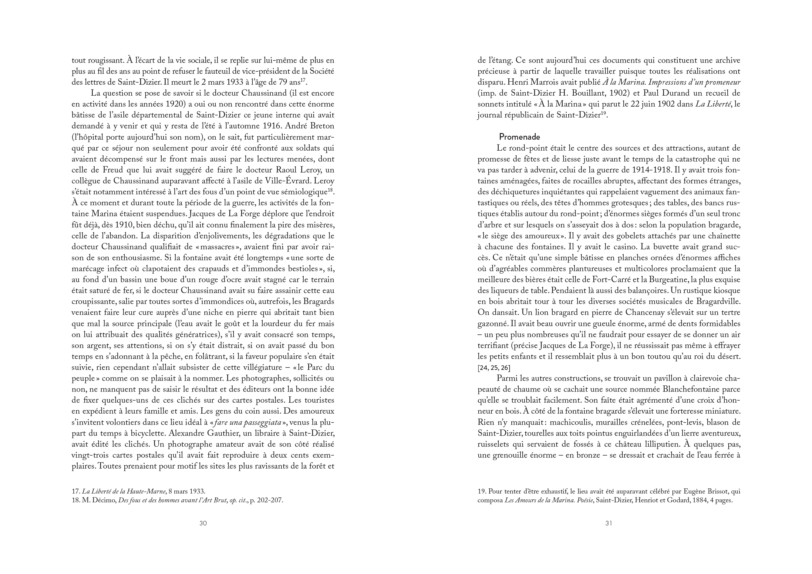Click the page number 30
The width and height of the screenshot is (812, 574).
pyautogui.click(x=203, y=523)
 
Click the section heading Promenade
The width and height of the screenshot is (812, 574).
pyautogui.click(x=519, y=137)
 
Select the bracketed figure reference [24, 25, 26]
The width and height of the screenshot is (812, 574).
pyautogui.click(x=494, y=367)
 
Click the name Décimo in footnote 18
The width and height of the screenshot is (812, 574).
pyautogui.click(x=104, y=501)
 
